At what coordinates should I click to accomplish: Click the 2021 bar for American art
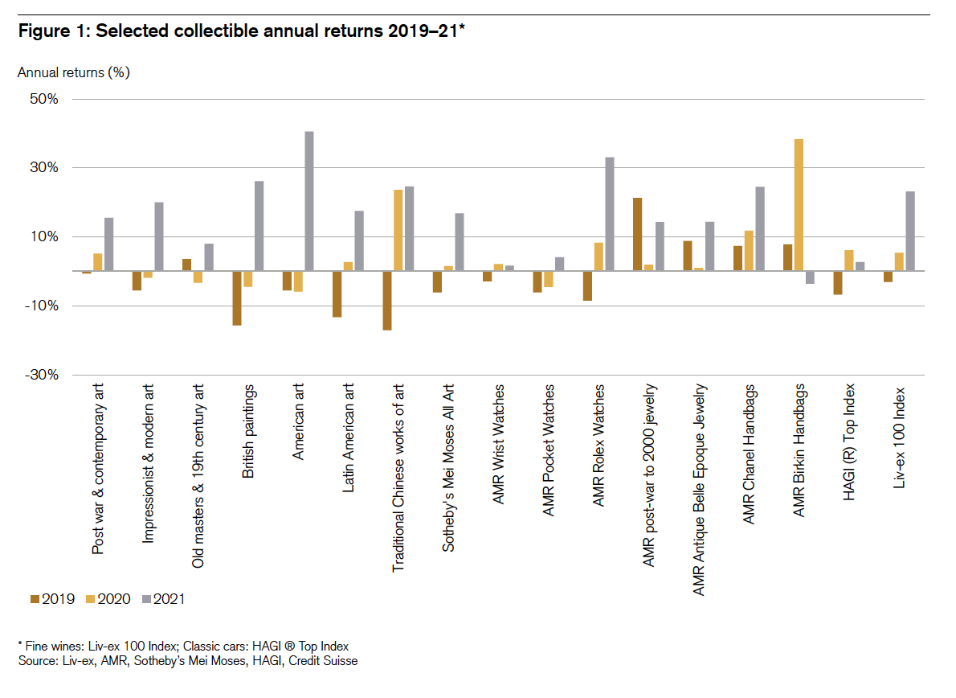pyautogui.click(x=309, y=201)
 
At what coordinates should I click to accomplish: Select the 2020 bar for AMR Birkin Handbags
pyautogui.click(x=799, y=205)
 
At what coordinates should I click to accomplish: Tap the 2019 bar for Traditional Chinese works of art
pyautogui.click(x=387, y=301)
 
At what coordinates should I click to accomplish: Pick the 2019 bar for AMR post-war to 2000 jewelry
pyautogui.click(x=637, y=234)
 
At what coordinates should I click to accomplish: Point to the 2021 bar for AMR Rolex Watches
pyautogui.click(x=610, y=214)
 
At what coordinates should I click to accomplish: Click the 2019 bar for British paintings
pyautogui.click(x=237, y=298)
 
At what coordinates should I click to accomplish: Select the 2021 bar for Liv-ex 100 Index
pyautogui.click(x=909, y=232)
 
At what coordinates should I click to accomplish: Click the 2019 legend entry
pyautogui.click(x=52, y=598)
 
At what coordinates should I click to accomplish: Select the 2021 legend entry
pyautogui.click(x=162, y=598)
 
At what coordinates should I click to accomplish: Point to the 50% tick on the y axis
pyautogui.click(x=43, y=99)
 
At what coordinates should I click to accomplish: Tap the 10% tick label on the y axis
pyautogui.click(x=43, y=237)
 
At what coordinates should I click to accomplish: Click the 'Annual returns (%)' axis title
pyautogui.click(x=74, y=72)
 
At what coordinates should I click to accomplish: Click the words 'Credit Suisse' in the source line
pyautogui.click(x=325, y=661)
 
